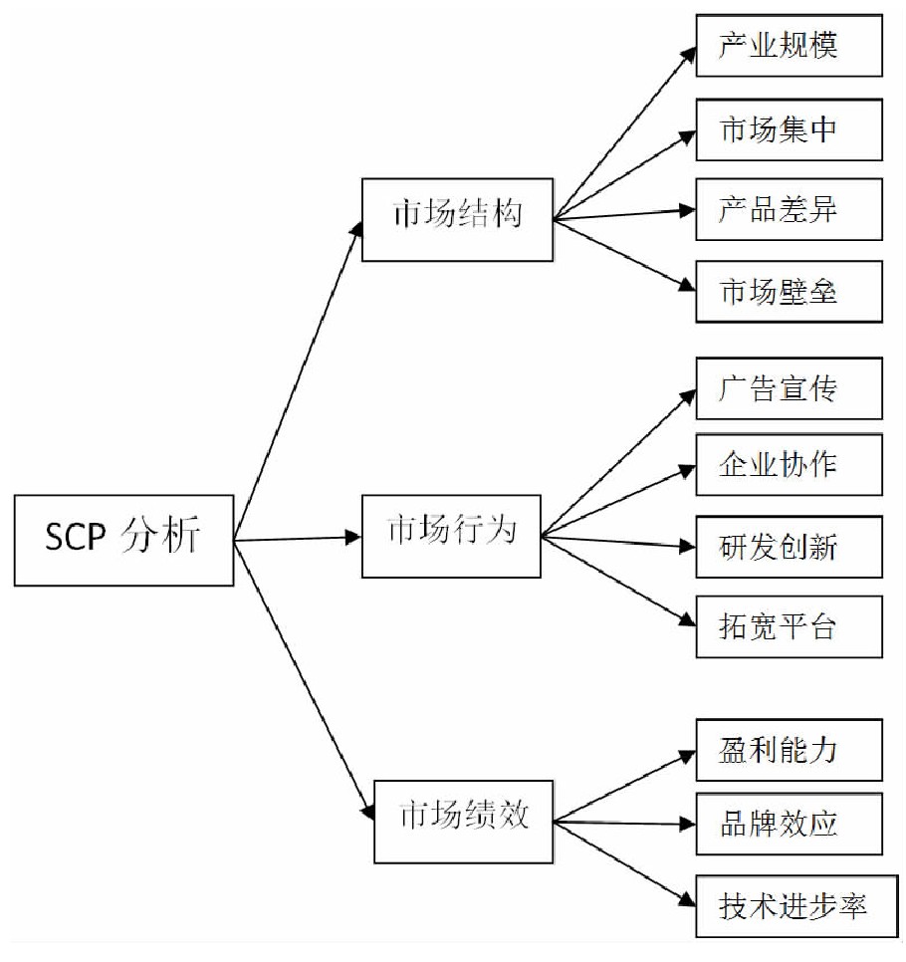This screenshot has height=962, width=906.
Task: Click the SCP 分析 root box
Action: (x=123, y=539)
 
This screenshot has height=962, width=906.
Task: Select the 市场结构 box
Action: (x=457, y=218)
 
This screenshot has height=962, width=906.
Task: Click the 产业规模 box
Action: (x=788, y=45)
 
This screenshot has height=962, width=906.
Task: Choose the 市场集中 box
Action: (x=788, y=129)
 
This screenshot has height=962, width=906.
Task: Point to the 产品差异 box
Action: (x=788, y=209)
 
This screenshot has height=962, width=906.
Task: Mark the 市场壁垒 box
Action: (x=788, y=291)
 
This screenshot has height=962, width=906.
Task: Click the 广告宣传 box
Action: (x=788, y=387)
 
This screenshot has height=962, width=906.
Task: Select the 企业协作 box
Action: (x=788, y=464)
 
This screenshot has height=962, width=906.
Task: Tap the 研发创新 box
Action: (x=788, y=546)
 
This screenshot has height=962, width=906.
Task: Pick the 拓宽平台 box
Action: (x=788, y=626)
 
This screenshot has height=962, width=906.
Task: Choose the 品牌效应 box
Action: (x=788, y=824)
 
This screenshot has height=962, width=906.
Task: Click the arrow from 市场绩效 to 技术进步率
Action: (x=624, y=862)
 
